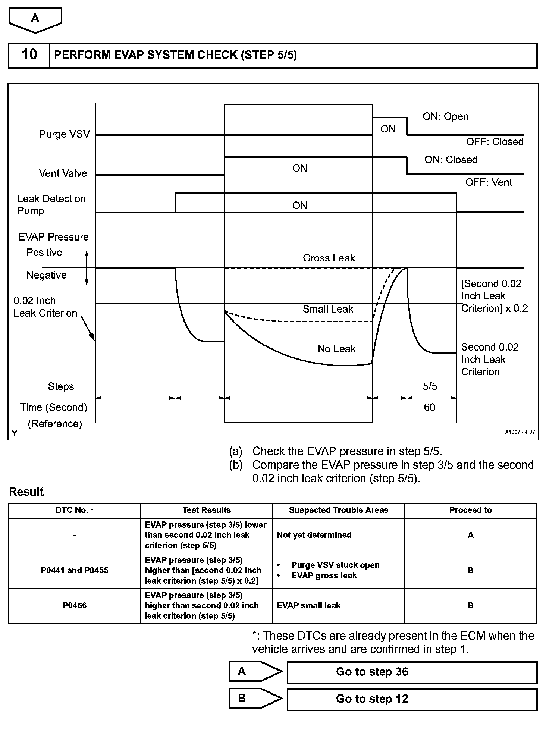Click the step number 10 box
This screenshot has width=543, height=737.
coord(29,55)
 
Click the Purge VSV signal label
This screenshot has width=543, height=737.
coord(65,134)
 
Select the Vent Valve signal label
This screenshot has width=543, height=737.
coord(63,173)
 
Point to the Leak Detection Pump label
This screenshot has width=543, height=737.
coord(51,205)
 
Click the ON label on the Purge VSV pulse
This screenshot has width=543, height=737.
coord(388,129)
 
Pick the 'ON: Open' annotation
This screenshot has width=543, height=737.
coord(445,116)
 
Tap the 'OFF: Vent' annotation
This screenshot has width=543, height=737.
coord(489,182)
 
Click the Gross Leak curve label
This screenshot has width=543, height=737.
coord(329,258)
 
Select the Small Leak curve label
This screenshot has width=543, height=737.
coord(328,309)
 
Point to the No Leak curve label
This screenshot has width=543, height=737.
coord(337,349)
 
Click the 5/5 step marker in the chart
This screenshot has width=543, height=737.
coord(430,386)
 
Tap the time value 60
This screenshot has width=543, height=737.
coord(430,407)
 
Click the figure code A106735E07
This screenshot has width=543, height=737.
coord(520,432)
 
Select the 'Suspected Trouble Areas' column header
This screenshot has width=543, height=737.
coord(339,510)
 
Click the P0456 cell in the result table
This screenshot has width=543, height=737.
coord(75,606)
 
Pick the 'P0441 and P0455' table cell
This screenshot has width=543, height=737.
coord(75,570)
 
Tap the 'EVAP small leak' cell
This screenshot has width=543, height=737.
coord(309,606)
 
